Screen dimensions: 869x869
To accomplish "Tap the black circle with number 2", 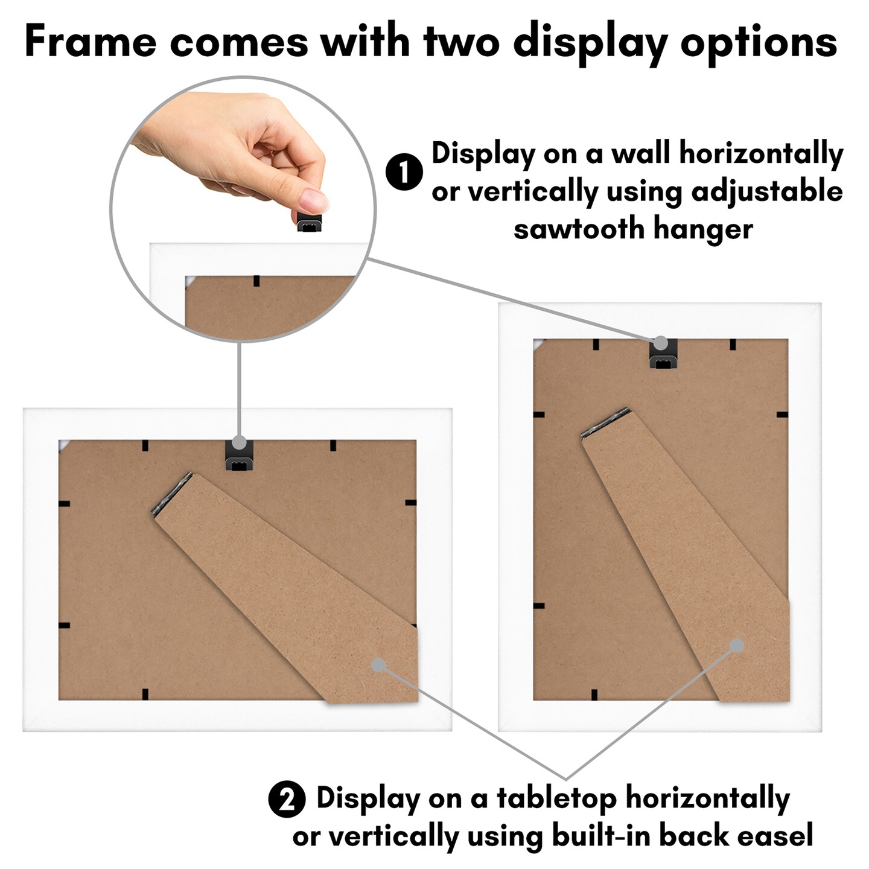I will click(x=287, y=800).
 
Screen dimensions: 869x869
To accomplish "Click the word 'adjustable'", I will click(x=766, y=192).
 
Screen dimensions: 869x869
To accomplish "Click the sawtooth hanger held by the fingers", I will click(x=310, y=222).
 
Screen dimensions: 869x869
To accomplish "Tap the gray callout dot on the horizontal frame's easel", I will click(x=378, y=665).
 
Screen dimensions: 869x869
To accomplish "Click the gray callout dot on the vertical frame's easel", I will click(x=736, y=645).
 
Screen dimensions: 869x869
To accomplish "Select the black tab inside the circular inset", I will click(x=256, y=281).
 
